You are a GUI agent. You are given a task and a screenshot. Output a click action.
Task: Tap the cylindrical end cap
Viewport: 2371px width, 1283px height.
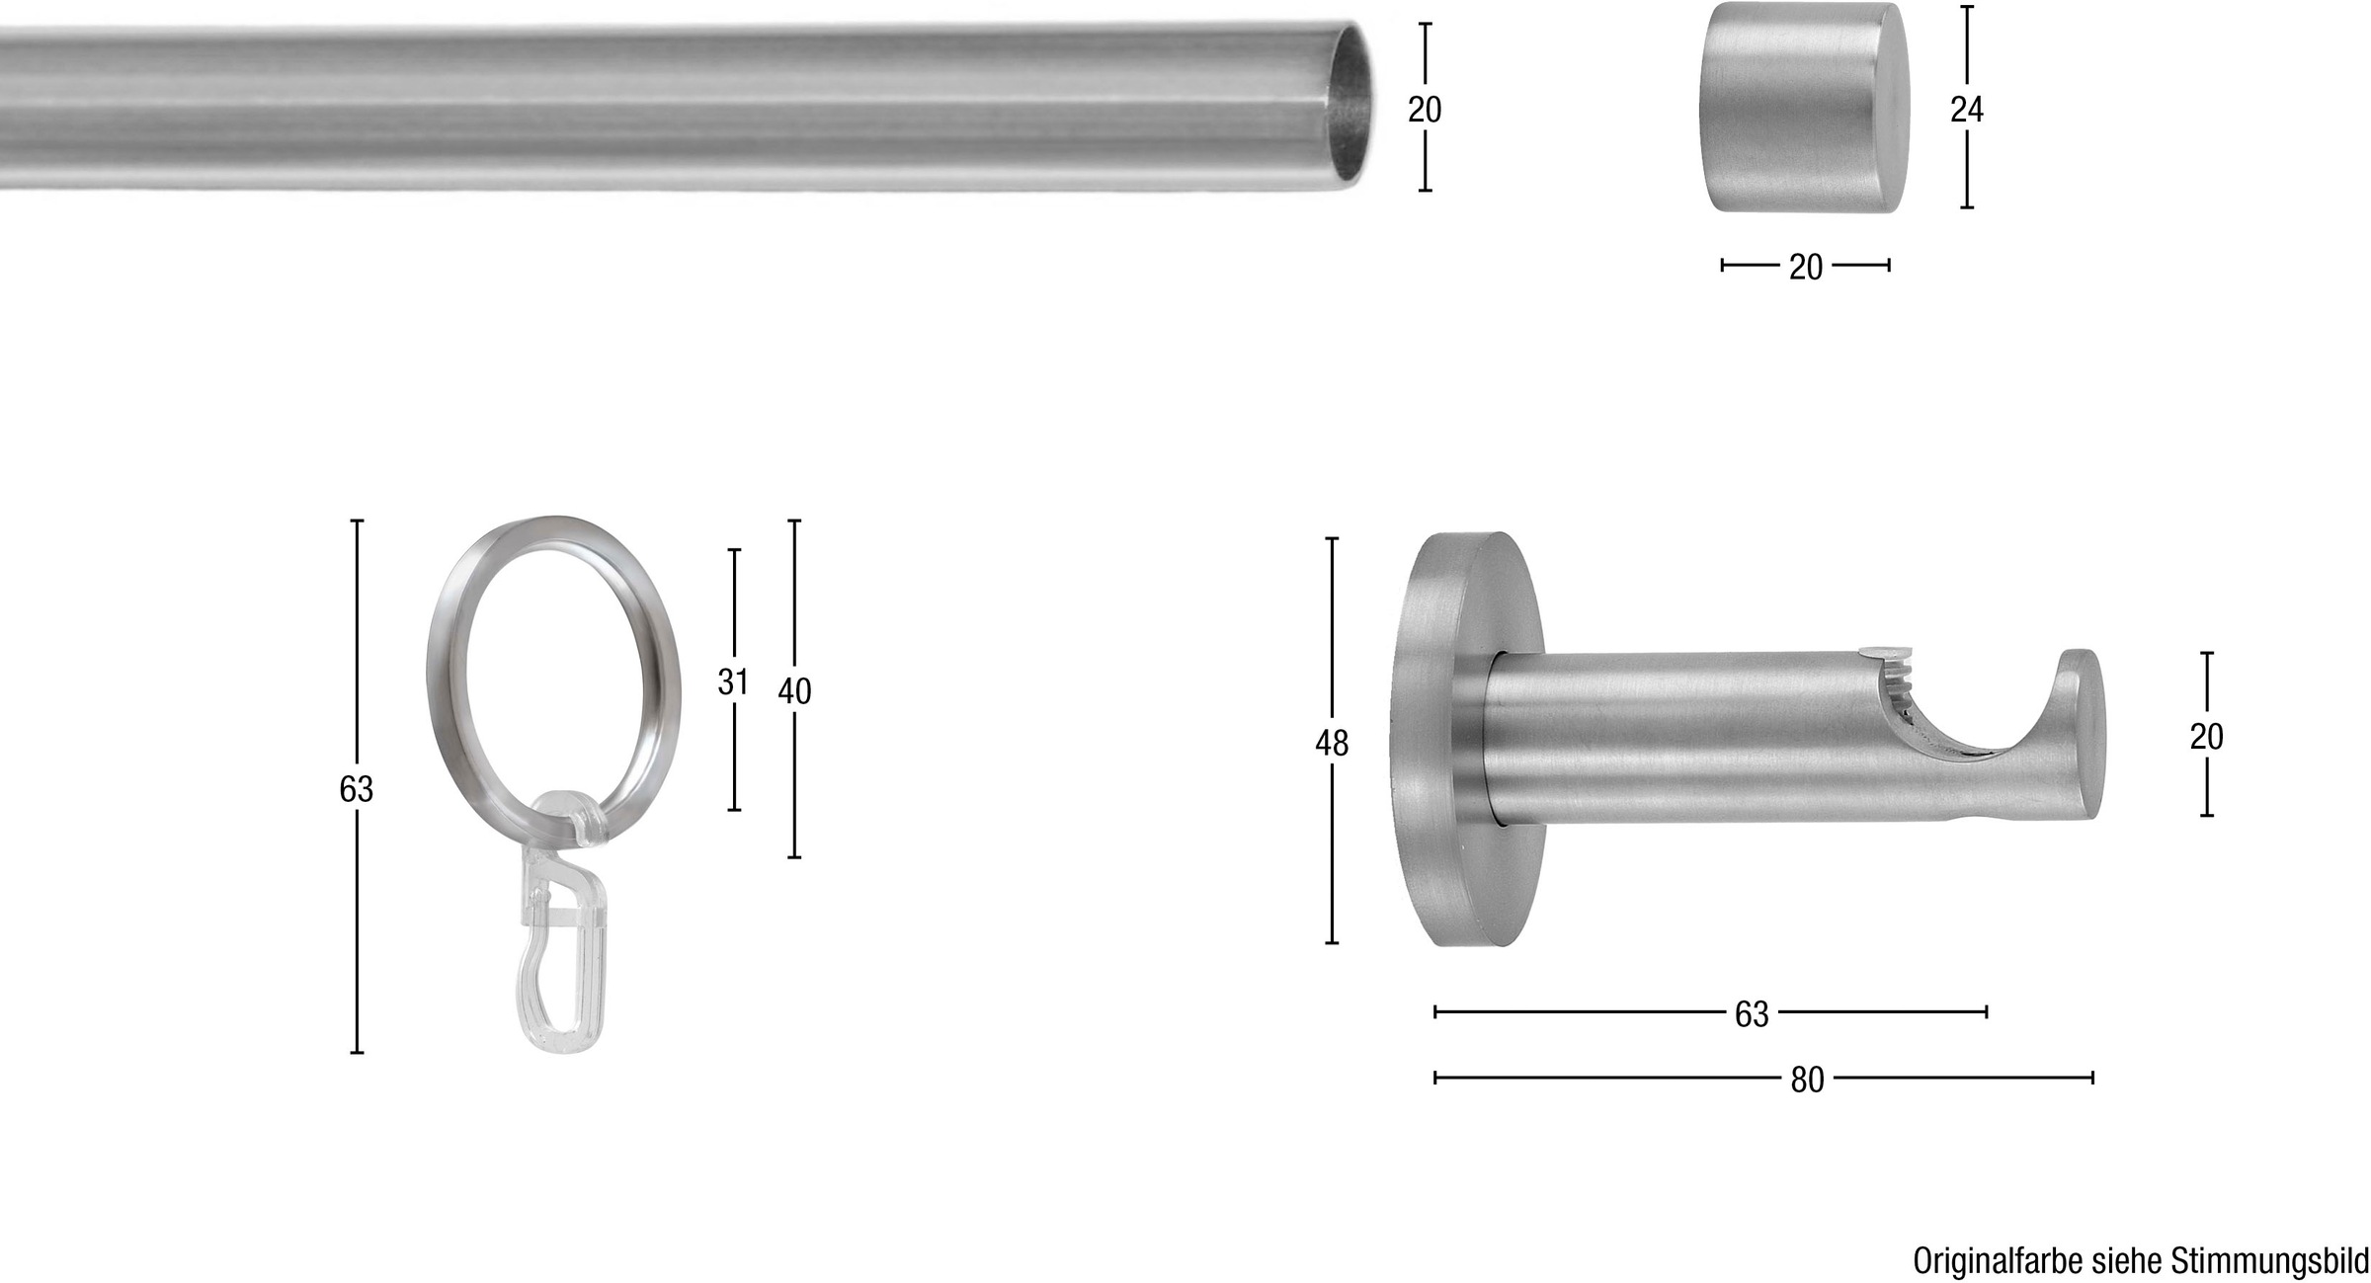tap(1804, 107)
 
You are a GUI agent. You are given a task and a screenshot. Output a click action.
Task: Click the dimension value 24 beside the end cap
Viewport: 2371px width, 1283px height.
tap(1966, 111)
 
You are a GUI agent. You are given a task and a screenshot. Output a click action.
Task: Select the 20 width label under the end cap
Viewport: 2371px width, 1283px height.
tap(1806, 268)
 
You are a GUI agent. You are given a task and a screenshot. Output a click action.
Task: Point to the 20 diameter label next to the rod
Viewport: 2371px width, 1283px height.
tap(1425, 110)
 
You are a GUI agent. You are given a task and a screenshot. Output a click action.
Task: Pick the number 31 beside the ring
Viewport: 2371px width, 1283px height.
tap(733, 682)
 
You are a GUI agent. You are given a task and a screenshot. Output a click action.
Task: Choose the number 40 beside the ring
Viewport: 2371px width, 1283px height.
tap(794, 692)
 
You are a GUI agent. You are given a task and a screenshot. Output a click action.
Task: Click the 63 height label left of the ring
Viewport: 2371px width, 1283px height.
tap(357, 789)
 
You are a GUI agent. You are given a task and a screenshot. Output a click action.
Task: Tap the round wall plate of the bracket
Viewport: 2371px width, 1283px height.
tap(1462, 742)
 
